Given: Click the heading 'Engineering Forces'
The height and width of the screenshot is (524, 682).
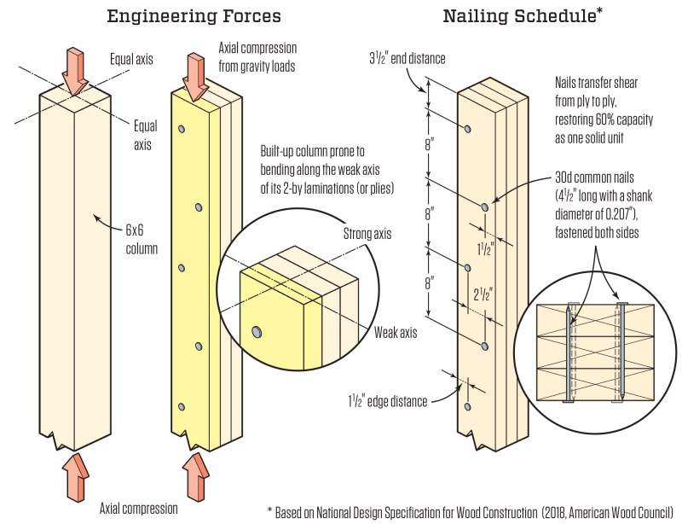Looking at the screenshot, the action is click(x=194, y=16).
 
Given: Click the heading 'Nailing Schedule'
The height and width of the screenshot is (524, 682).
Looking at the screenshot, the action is click(x=519, y=16).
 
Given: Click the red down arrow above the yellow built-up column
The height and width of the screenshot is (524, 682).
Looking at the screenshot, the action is click(x=196, y=77).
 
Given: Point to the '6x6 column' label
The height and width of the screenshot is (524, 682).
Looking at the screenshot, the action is click(x=142, y=239).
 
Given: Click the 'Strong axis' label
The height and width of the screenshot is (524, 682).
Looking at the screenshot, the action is click(x=367, y=234).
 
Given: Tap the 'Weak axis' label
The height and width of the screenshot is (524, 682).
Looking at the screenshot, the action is click(x=396, y=332).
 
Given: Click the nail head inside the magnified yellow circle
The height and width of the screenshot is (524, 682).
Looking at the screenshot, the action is click(x=257, y=332).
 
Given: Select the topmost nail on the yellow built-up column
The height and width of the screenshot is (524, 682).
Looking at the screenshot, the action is click(x=182, y=129).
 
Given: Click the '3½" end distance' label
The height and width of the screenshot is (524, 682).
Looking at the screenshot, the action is click(x=407, y=58).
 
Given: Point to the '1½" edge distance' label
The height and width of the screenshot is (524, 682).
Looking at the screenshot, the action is click(x=388, y=401).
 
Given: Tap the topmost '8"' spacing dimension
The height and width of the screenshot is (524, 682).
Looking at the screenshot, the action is click(x=430, y=143).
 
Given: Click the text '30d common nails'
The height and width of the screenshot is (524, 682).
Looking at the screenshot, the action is click(x=594, y=178).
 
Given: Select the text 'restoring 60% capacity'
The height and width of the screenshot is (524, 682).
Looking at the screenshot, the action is click(x=604, y=119).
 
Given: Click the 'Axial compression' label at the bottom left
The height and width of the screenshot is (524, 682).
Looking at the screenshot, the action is click(x=139, y=509).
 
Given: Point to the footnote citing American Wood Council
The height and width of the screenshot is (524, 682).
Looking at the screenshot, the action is click(x=470, y=512).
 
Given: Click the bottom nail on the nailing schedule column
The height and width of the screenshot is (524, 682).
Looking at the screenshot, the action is click(x=467, y=407).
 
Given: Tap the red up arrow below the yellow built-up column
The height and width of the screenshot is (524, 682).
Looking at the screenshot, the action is click(x=196, y=476).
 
